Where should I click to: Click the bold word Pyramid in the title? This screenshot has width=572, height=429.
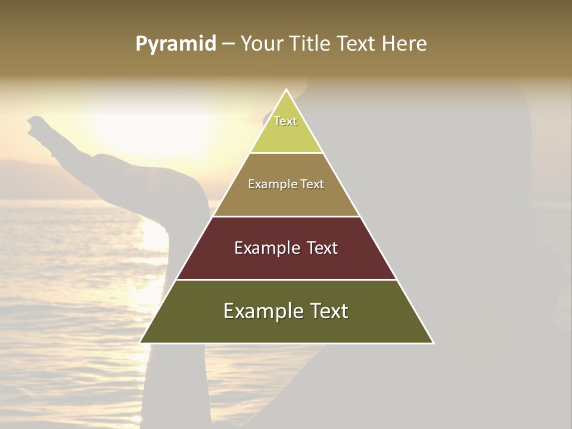coord(176,44)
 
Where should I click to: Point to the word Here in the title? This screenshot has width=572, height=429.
coord(405,44)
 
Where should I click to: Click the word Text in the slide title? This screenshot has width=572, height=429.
coord(356,44)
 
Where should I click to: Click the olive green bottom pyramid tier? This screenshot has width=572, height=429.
coord(287,328)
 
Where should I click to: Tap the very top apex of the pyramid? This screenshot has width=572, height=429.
coord(287,90)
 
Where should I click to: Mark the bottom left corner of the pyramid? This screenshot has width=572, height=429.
coord(141,343)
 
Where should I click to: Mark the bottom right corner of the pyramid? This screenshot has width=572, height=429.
coord(433,343)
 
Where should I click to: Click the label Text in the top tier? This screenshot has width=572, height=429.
coord(285,121)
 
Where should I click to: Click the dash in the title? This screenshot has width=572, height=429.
coord(228,44)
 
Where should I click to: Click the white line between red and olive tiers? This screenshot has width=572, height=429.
coord(287,279)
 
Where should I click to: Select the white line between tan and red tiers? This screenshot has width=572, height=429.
coord(287,216)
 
